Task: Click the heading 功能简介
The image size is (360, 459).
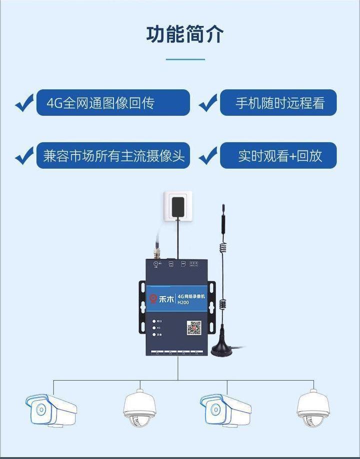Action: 185,34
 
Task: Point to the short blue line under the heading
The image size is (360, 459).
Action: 185,59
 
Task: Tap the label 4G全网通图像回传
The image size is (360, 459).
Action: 113,103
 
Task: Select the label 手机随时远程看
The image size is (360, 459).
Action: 278,103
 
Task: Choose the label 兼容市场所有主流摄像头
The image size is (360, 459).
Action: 113,155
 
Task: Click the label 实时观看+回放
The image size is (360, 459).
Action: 278,155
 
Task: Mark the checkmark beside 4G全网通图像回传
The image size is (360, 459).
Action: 24,103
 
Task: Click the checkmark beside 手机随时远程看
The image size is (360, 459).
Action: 208,103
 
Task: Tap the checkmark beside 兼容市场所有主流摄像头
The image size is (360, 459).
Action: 24,155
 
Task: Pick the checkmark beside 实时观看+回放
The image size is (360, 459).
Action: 208,155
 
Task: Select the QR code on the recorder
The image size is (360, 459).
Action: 194,328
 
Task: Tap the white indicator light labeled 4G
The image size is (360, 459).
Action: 154,327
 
